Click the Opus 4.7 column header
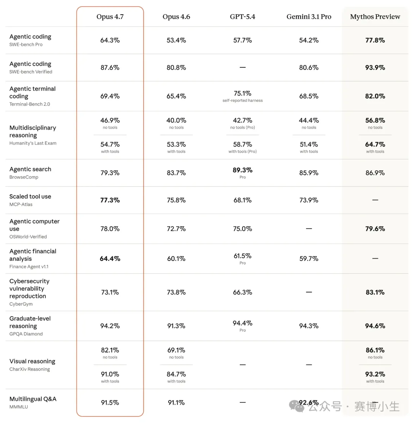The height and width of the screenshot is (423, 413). coord(110,17)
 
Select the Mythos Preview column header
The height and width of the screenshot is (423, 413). coord(375,17)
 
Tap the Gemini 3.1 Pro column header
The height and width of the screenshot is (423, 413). coord(309,17)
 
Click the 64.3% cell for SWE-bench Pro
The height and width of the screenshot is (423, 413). coord(110,40)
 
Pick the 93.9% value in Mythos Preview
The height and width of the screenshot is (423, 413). coord(375,67)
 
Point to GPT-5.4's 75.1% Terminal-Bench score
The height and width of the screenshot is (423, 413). coord(242,93)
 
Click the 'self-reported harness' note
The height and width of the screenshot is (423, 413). coord(242,101)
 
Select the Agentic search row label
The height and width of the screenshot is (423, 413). coord(30,169)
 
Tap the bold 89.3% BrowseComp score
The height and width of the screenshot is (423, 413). coord(242,170)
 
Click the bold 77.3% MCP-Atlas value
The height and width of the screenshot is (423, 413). coord(110,200)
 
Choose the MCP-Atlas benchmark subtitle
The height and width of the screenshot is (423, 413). coord(21,204)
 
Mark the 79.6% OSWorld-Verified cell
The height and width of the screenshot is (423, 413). coord(375,229)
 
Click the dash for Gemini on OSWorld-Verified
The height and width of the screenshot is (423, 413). coord(309,229)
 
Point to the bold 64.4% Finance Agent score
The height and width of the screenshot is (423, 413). coord(110,259)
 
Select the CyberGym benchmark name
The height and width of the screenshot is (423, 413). coord(21,304)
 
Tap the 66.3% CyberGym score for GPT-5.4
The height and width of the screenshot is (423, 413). coord(242,292)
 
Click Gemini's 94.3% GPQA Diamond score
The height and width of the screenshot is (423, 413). coord(309,326)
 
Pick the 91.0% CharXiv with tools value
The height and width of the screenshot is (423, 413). coord(110,374)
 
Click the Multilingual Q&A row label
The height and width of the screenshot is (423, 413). coord(33,399)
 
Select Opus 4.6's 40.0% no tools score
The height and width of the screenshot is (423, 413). coord(176,120)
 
